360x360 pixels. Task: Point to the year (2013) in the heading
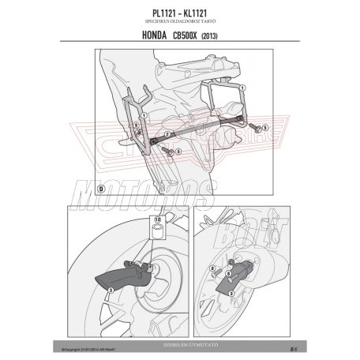click(223, 32)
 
